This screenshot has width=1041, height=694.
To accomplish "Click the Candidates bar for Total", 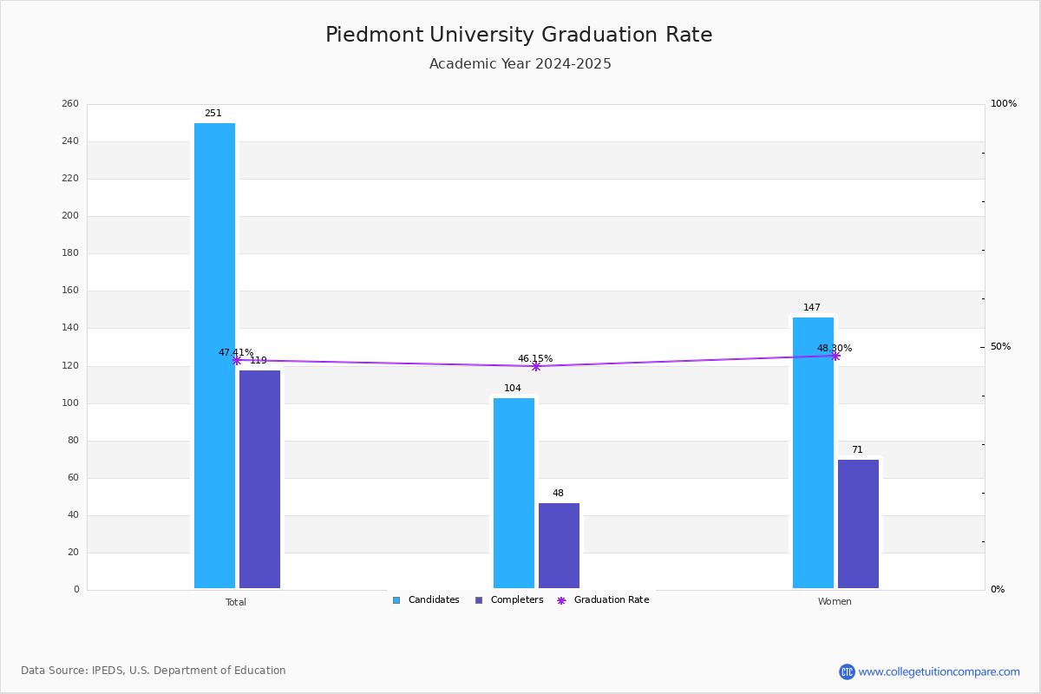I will (214, 356).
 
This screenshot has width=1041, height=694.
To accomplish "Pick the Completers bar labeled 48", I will (559, 546).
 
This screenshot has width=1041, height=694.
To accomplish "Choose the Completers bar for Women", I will (858, 524).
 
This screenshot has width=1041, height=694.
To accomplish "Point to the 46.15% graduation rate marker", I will (536, 366).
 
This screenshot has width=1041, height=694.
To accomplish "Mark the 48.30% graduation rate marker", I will (835, 356).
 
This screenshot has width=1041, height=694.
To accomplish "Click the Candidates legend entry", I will (426, 600).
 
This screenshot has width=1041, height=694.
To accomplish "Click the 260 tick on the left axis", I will (70, 104).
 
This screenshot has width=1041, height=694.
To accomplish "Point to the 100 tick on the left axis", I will (70, 403).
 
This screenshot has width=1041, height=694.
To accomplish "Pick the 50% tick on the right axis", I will (1000, 347).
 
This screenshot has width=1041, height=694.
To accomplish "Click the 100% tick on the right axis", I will (1003, 104).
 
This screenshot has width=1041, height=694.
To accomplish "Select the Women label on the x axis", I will (835, 602).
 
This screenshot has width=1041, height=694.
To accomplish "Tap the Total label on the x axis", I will (236, 602).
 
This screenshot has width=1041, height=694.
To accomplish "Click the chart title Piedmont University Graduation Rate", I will (519, 36).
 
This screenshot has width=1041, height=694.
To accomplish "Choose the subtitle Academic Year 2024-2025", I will (520, 64).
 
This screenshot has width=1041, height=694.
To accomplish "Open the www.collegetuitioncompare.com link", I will (939, 671).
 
